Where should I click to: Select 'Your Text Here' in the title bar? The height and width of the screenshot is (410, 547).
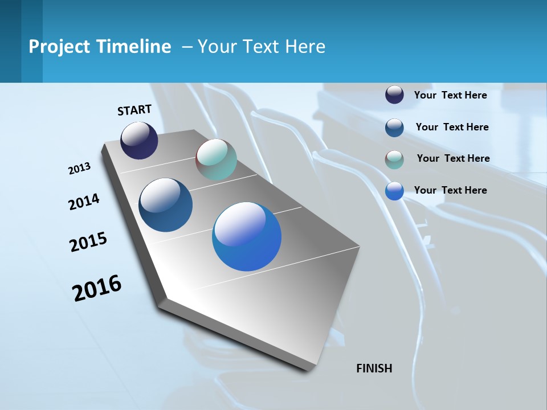tap(262, 47)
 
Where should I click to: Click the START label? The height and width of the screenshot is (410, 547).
tap(134, 110)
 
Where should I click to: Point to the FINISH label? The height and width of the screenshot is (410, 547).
tap(374, 368)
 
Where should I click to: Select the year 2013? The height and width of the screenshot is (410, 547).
tap(79, 169)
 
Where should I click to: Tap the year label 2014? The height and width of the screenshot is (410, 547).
tap(84, 202)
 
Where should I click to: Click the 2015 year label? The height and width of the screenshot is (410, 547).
tap(88, 242)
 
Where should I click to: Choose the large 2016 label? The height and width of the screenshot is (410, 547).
tap(97, 288)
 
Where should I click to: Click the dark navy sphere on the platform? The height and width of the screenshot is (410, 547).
tap(139, 141)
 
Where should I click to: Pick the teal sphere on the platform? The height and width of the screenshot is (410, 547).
tap(216, 159)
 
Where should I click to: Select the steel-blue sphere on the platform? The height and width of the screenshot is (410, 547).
tap(165, 205)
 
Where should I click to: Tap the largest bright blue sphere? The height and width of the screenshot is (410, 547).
tap(247, 236)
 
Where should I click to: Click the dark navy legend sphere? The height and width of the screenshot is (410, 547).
tap(394, 95)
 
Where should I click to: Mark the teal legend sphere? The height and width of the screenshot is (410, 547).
tap(394, 159)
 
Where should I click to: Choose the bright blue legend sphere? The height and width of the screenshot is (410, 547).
tap(394, 191)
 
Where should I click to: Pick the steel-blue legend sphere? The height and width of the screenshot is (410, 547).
tap(394, 128)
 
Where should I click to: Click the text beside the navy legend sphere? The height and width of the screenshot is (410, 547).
tap(450, 95)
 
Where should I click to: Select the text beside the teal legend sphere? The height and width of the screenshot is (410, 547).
tap(453, 158)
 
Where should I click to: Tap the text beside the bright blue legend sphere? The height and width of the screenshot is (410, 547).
tap(450, 190)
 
